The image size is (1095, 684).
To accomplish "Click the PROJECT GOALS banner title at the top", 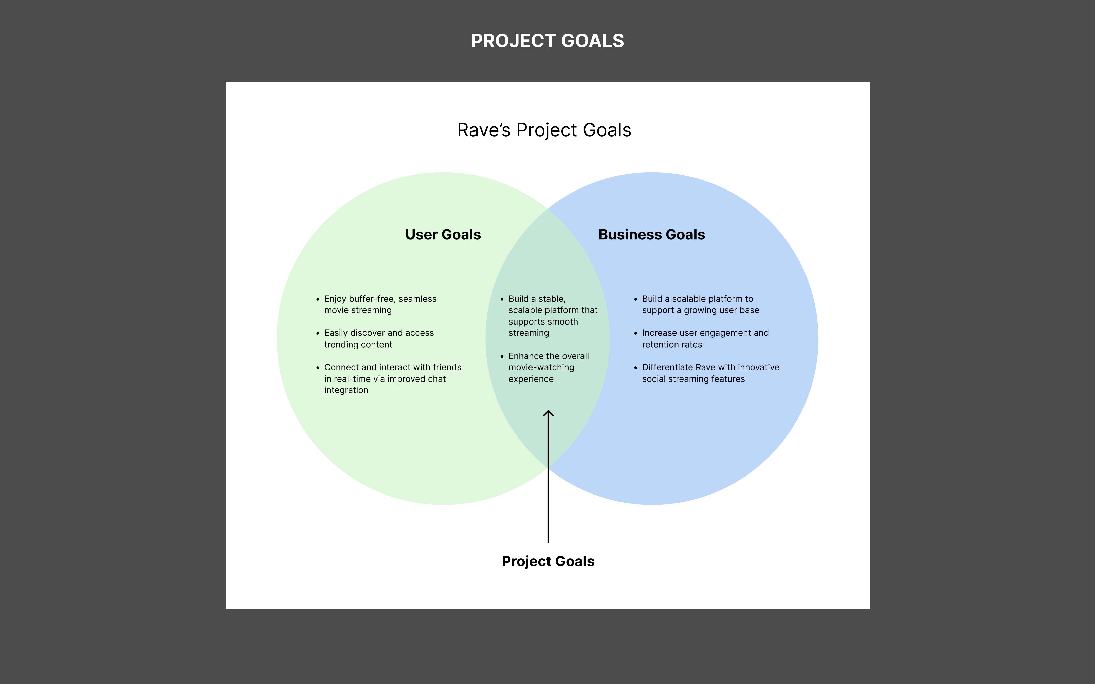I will click(x=547, y=41).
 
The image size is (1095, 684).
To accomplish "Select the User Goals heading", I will click(x=443, y=234).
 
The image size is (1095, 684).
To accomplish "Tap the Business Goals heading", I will click(x=652, y=234).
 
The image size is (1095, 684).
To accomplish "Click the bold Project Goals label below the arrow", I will click(x=548, y=561).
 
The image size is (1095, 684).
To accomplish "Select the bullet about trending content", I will click(x=379, y=338).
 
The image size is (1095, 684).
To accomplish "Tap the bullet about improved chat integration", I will click(x=392, y=379).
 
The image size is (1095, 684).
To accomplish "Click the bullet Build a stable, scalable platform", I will click(x=553, y=316).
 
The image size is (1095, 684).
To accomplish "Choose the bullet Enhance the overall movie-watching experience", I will click(x=549, y=367).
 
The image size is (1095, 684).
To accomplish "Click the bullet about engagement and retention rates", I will click(x=705, y=338).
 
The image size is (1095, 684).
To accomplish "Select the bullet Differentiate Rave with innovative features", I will click(x=710, y=373).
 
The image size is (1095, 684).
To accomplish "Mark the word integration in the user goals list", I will click(x=346, y=390).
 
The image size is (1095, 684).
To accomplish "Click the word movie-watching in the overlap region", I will click(x=541, y=367).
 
